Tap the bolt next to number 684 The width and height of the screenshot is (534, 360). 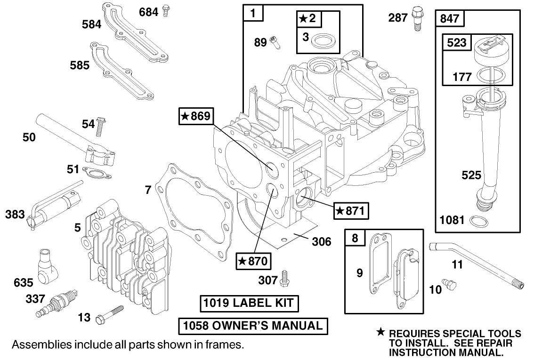[165, 11]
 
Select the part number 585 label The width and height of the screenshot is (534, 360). [80, 65]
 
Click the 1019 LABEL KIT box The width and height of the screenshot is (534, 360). [249, 304]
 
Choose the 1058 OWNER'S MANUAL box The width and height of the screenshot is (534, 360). [253, 326]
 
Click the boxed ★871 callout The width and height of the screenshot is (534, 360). [351, 211]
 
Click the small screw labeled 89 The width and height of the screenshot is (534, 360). [275, 42]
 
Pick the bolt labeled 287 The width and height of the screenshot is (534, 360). [416, 18]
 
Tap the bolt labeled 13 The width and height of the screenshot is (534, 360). [111, 314]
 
